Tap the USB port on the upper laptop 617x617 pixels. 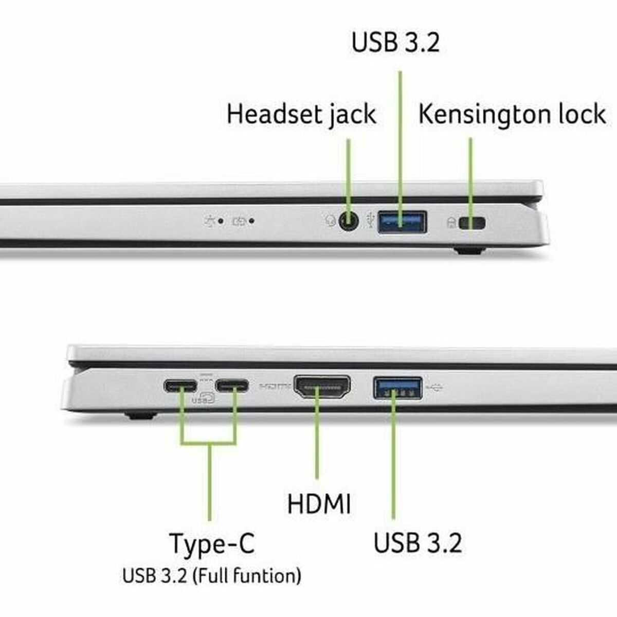point(402,222)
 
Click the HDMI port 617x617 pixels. point(322,387)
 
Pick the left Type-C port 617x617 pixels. point(180,386)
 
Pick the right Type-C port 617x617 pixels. point(232,386)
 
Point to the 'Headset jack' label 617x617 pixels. point(301,114)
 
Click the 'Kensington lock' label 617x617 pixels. point(512,114)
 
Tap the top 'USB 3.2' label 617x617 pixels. point(395,43)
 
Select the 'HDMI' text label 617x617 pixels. point(319,504)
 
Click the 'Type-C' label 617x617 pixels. point(212,543)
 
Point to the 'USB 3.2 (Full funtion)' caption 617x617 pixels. point(212,575)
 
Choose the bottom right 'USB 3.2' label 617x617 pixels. point(418,543)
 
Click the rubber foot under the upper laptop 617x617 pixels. point(469,251)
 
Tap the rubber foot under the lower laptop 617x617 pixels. point(140,415)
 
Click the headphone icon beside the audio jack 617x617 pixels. point(330,221)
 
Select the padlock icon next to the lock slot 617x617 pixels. point(451,223)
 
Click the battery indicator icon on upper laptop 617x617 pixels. point(239,222)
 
